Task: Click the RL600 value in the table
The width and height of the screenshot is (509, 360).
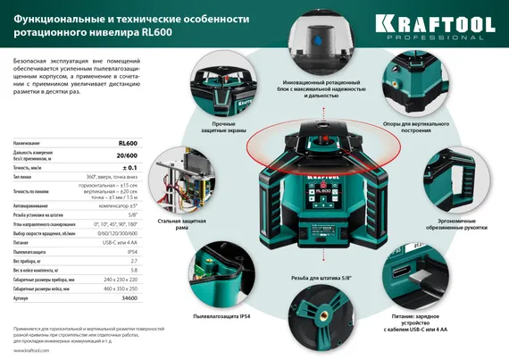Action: [128, 144]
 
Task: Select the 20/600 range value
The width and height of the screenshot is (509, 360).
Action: [127, 155]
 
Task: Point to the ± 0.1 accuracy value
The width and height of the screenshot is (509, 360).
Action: [129, 167]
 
